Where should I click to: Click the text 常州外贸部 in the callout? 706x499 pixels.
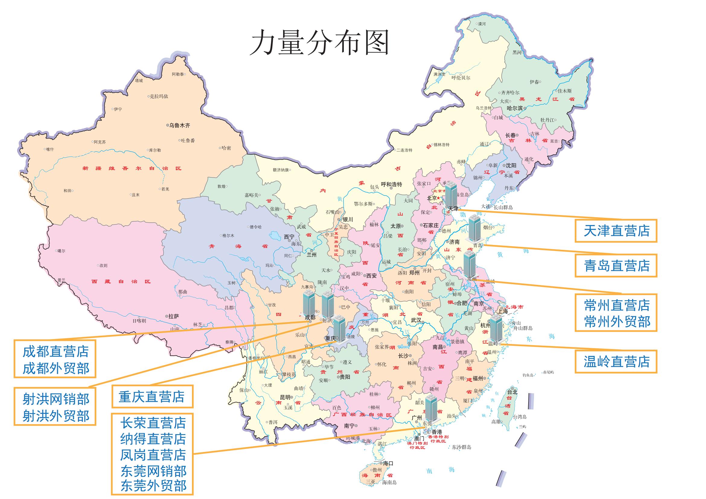point(617,321)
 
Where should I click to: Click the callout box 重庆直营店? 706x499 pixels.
point(152,396)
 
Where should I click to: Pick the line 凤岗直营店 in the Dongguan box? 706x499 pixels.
point(153,455)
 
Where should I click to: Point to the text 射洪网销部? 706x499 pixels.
point(56,399)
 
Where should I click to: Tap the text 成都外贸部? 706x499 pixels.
point(56,368)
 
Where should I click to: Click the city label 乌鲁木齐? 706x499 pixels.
point(180,126)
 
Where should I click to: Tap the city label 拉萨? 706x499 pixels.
point(174,316)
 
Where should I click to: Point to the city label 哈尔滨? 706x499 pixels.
point(515,108)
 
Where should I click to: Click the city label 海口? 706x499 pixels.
point(388,463)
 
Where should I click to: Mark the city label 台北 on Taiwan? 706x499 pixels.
point(512,392)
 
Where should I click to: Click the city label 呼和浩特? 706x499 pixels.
point(391,184)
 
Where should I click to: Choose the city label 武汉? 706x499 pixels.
point(416,320)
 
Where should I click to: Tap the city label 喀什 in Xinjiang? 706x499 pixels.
point(50,149)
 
